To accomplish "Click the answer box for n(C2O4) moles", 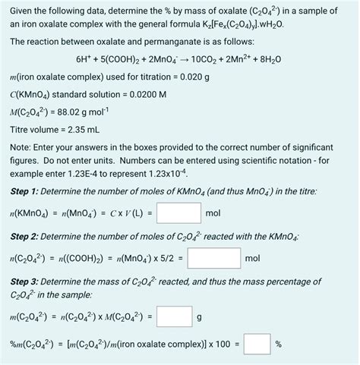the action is (214, 260).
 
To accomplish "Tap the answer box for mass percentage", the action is (257, 344).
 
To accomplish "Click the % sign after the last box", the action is (279, 344).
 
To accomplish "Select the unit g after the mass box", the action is (199, 318).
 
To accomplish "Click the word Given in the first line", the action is (24, 9).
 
